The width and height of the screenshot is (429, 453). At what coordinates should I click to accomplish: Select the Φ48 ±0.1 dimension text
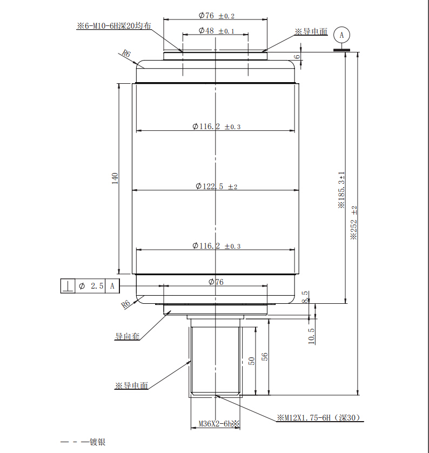216,31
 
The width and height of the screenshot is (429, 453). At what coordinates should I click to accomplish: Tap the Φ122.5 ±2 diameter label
216,186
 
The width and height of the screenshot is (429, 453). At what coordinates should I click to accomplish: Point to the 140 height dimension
115,178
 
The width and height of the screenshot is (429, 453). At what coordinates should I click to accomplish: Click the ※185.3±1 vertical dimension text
341,190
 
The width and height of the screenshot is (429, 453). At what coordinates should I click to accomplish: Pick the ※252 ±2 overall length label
354,223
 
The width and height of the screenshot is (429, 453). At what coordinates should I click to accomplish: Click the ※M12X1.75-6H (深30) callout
319,418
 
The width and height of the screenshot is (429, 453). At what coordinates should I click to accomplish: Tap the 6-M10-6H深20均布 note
114,26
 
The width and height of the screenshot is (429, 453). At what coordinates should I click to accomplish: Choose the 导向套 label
128,336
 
